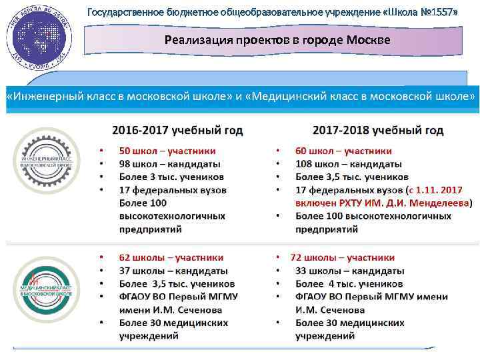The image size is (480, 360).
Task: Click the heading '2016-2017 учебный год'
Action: pyautogui.click(x=177, y=129)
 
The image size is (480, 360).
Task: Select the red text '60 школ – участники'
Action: pyautogui.click(x=344, y=151)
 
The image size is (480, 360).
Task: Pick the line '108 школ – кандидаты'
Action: pyautogui.click(x=349, y=164)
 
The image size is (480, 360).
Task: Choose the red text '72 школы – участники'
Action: pyautogui.click(x=343, y=257)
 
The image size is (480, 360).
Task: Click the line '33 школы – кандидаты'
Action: pyautogui.click(x=350, y=271)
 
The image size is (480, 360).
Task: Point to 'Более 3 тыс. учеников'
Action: pyautogui.click(x=171, y=177)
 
